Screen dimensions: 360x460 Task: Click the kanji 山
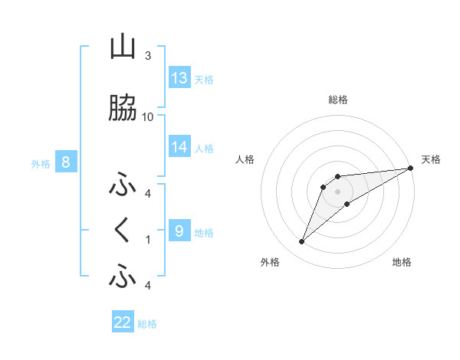pyautogui.click(x=123, y=47)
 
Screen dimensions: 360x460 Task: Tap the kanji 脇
pyautogui.click(x=123, y=110)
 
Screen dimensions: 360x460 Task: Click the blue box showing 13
pyautogui.click(x=179, y=77)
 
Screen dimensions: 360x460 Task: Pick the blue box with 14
pyautogui.click(x=179, y=147)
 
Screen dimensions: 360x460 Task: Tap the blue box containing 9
pyautogui.click(x=179, y=231)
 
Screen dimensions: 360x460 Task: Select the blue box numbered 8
pyautogui.click(x=66, y=162)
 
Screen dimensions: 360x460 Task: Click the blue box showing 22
pyautogui.click(x=123, y=322)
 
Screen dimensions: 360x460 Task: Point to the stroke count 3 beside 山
pyautogui.click(x=147, y=56)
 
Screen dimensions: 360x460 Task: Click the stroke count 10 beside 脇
pyautogui.click(x=148, y=117)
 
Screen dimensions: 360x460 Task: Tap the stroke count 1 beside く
pyautogui.click(x=147, y=239)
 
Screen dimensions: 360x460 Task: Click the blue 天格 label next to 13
pyautogui.click(x=204, y=79)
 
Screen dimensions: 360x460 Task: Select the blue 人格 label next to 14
pyautogui.click(x=204, y=148)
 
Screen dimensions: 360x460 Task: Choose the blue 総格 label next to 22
pyautogui.click(x=148, y=324)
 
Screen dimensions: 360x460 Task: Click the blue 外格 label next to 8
pyautogui.click(x=41, y=163)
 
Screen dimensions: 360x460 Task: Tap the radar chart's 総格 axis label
pyautogui.click(x=338, y=100)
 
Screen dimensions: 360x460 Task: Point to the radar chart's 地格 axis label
pyautogui.click(x=402, y=263)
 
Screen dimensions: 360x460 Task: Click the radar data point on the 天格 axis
pyautogui.click(x=410, y=168)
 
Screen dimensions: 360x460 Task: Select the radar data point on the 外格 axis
pyautogui.click(x=302, y=242)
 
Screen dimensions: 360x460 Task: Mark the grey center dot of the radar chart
pyautogui.click(x=338, y=191)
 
